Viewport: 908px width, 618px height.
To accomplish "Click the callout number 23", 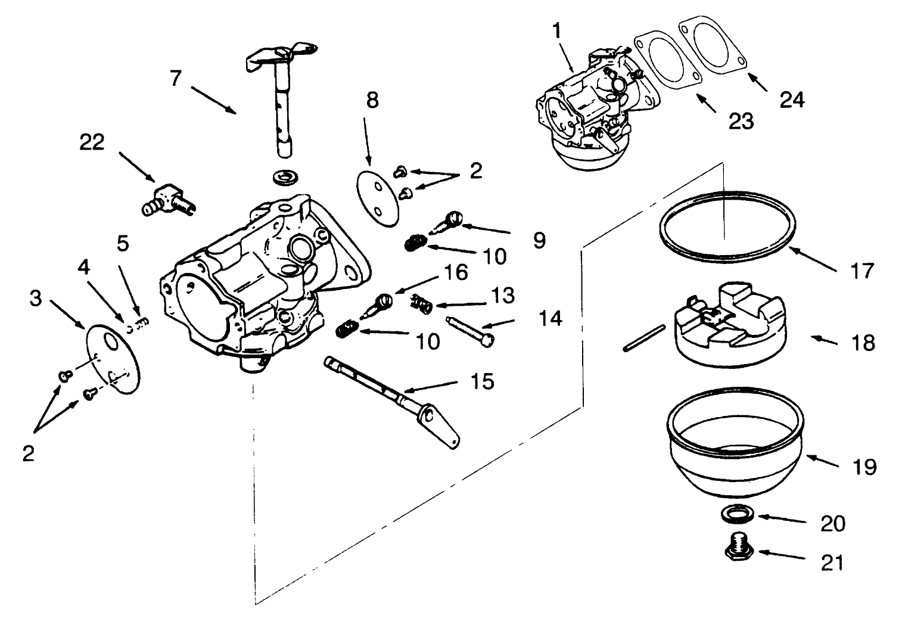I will (x=741, y=121).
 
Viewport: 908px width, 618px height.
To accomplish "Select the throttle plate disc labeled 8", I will (x=378, y=197).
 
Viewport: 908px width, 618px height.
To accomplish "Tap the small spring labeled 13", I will (x=422, y=305).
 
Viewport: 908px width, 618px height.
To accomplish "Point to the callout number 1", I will (x=556, y=31).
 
